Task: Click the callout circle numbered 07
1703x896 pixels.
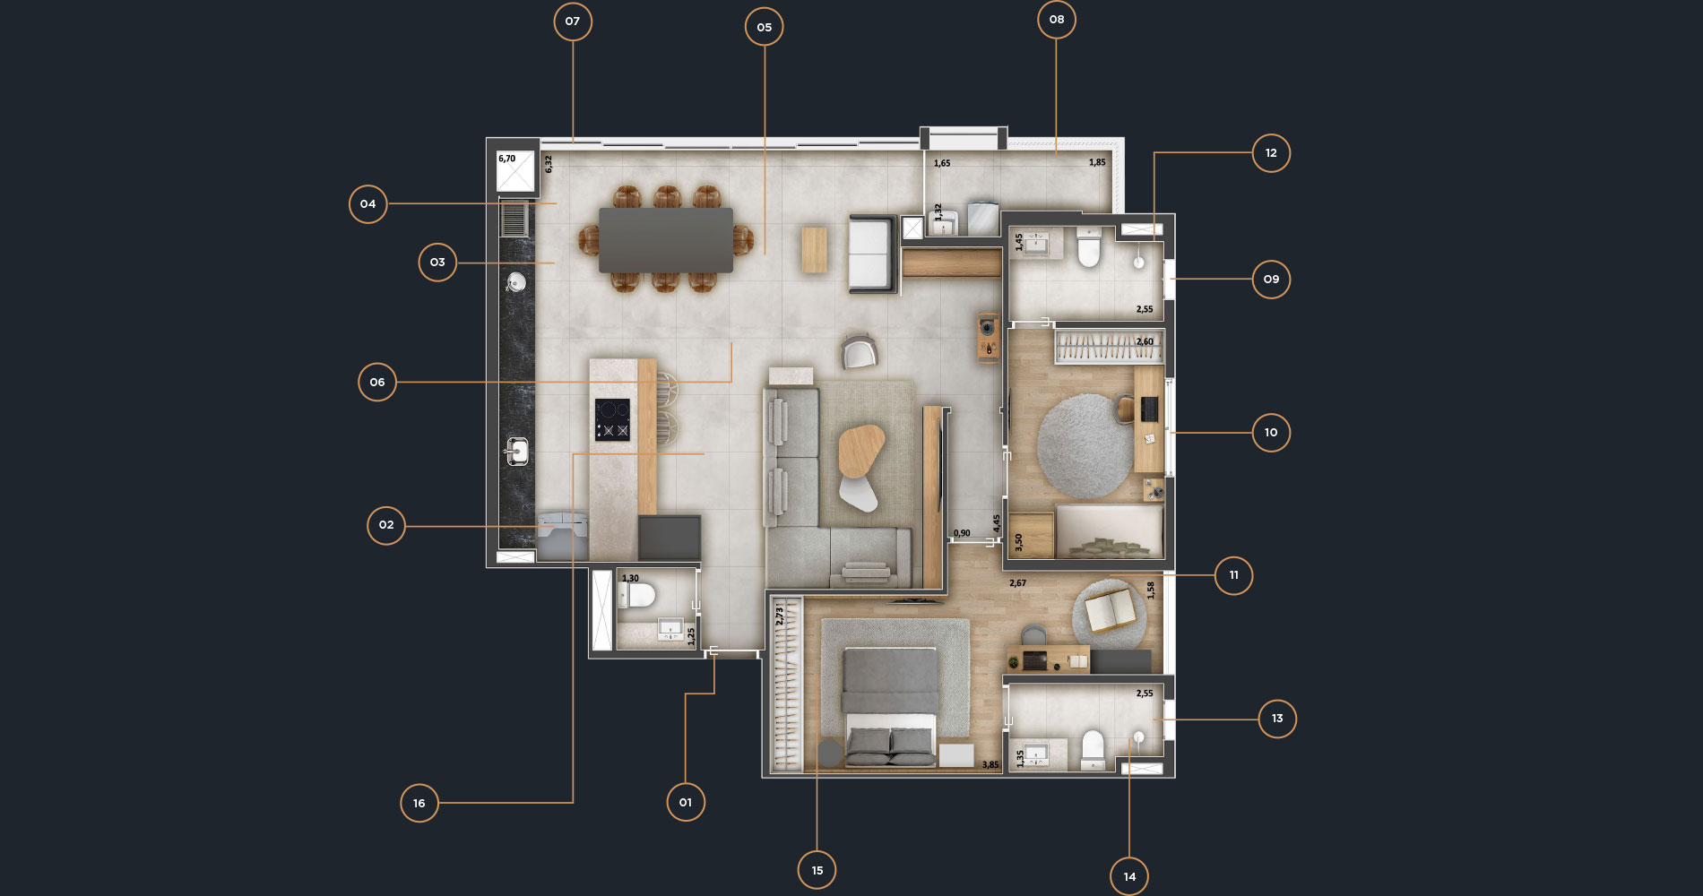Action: click(573, 22)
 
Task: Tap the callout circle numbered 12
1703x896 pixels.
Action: click(1271, 153)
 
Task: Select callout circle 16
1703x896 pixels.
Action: click(419, 803)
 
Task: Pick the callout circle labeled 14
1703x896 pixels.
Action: click(1129, 876)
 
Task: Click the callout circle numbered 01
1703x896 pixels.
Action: click(686, 802)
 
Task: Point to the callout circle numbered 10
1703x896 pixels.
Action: click(1271, 433)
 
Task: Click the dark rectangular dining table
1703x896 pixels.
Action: click(666, 240)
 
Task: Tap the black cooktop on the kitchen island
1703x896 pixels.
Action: click(612, 419)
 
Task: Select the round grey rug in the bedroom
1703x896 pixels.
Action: click(1085, 446)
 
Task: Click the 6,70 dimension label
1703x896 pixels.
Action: click(507, 159)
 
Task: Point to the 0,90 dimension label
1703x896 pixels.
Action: click(962, 533)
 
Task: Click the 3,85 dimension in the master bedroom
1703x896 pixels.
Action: click(990, 764)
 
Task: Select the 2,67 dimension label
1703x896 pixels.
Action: click(1018, 583)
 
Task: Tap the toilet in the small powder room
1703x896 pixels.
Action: click(639, 595)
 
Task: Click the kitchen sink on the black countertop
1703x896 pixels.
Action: click(516, 451)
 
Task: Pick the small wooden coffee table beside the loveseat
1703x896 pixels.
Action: click(815, 249)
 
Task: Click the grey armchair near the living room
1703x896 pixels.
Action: click(860, 351)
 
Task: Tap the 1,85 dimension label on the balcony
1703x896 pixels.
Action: click(1098, 162)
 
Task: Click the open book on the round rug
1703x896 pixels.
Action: click(1111, 610)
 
